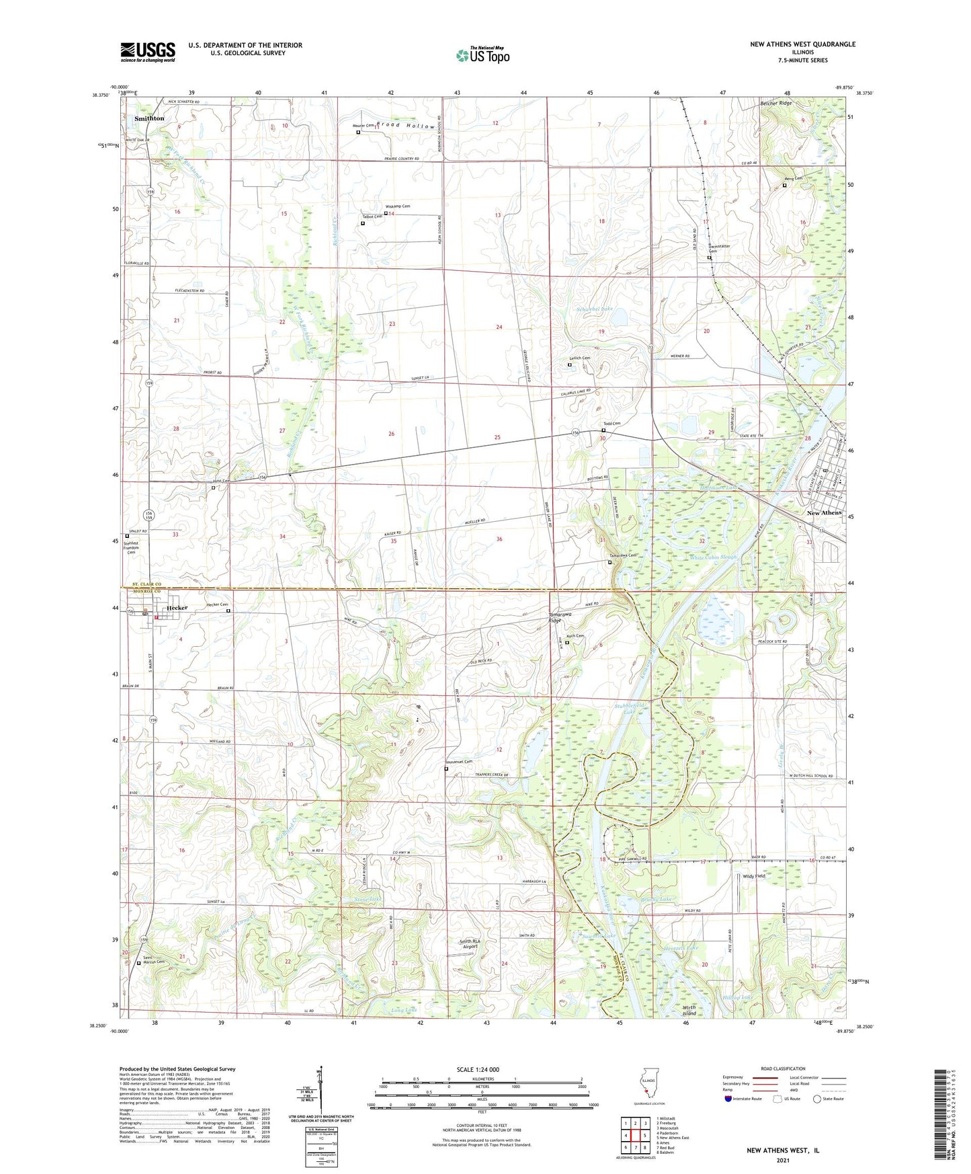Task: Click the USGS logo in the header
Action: click(x=148, y=52)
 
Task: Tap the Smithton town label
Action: click(x=149, y=118)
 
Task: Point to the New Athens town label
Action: click(x=824, y=512)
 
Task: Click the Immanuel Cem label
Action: click(x=460, y=762)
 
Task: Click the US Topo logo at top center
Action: click(x=482, y=54)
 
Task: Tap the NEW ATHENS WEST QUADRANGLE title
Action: click(x=802, y=44)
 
